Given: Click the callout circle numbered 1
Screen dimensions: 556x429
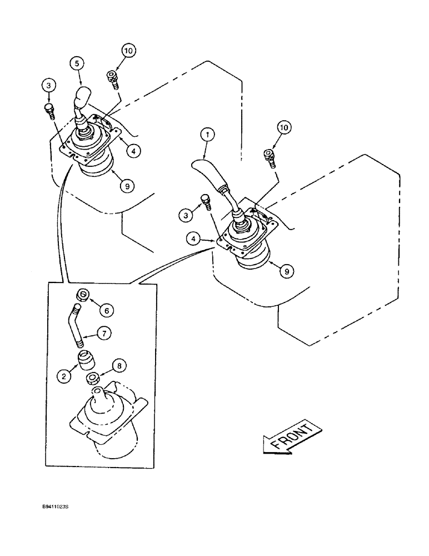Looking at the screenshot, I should tap(207, 134).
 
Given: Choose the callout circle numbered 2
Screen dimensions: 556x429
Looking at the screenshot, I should tap(65, 375).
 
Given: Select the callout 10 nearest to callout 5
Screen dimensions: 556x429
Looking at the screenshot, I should tap(128, 52).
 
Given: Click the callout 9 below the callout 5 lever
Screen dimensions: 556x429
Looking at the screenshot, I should tap(127, 186).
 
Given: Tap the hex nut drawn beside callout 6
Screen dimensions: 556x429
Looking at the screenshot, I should tap(82, 294).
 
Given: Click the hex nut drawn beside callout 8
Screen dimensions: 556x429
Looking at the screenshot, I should tap(93, 379).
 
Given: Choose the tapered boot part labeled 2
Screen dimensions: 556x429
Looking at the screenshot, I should tap(85, 361).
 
